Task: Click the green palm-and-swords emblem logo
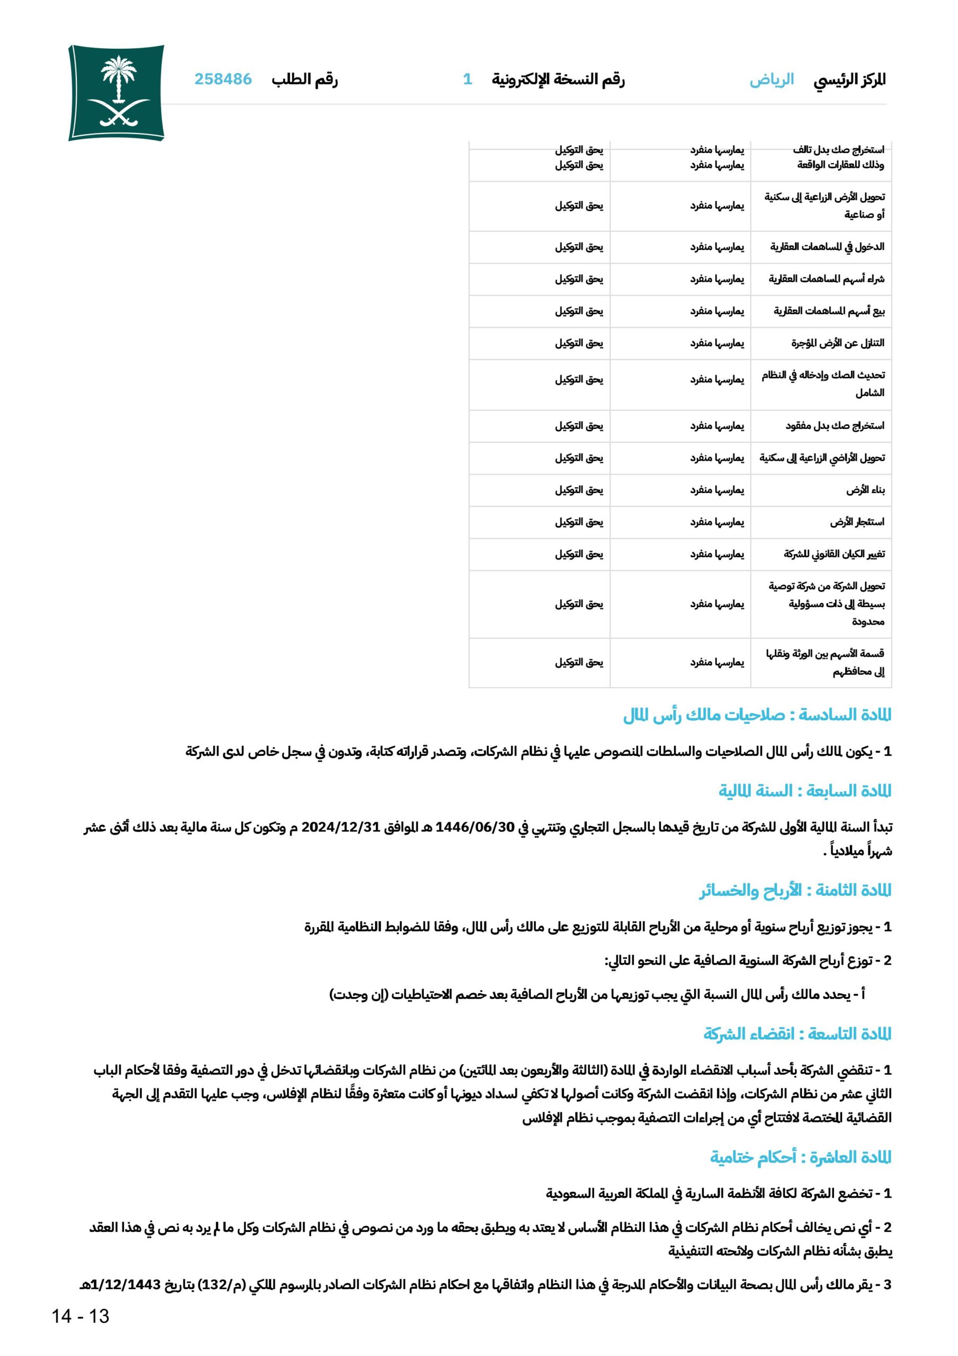click(117, 93)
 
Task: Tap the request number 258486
click(223, 79)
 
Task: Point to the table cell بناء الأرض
click(865, 490)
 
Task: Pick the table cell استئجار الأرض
click(857, 522)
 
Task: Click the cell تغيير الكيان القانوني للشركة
click(834, 554)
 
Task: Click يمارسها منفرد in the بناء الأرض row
click(717, 490)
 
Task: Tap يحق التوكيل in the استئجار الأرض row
click(579, 522)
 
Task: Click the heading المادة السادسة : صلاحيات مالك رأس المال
click(757, 715)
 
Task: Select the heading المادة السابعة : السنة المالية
click(804, 791)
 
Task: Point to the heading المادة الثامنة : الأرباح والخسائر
click(795, 890)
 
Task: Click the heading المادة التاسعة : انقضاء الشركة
click(797, 1034)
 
